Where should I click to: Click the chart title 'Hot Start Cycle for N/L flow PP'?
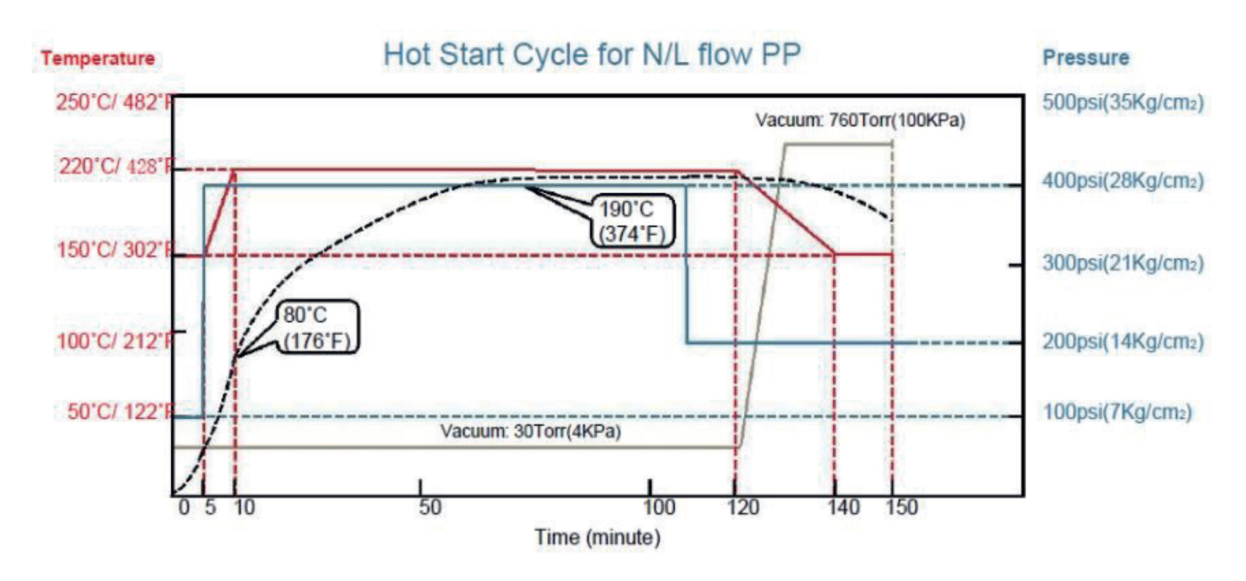(x=592, y=55)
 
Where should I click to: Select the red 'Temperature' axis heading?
(x=98, y=59)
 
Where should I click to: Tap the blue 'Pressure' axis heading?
(x=1085, y=58)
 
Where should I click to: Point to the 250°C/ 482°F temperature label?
(x=114, y=102)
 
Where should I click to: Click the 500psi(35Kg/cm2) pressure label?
(x=1123, y=102)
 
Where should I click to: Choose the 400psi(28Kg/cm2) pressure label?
(x=1123, y=181)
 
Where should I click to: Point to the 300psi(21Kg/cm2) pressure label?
(x=1123, y=263)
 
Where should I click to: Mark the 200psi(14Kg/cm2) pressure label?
(x=1123, y=342)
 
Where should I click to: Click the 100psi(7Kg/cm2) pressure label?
(x=1117, y=412)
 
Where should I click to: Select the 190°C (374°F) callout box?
(x=632, y=222)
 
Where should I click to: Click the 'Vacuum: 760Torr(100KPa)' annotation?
(x=860, y=120)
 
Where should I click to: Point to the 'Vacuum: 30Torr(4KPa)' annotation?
(x=530, y=432)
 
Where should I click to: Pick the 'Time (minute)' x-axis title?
(x=597, y=538)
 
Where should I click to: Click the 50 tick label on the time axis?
(x=430, y=508)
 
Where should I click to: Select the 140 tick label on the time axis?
(x=843, y=508)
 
